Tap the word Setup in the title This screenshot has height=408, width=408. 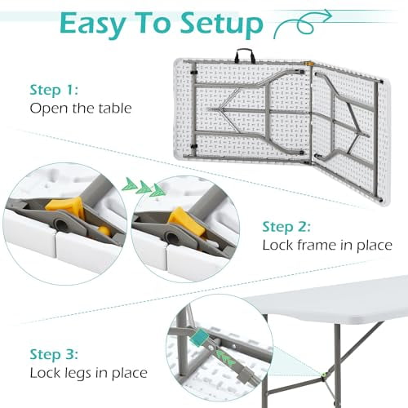218,24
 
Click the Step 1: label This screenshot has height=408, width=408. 55,90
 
